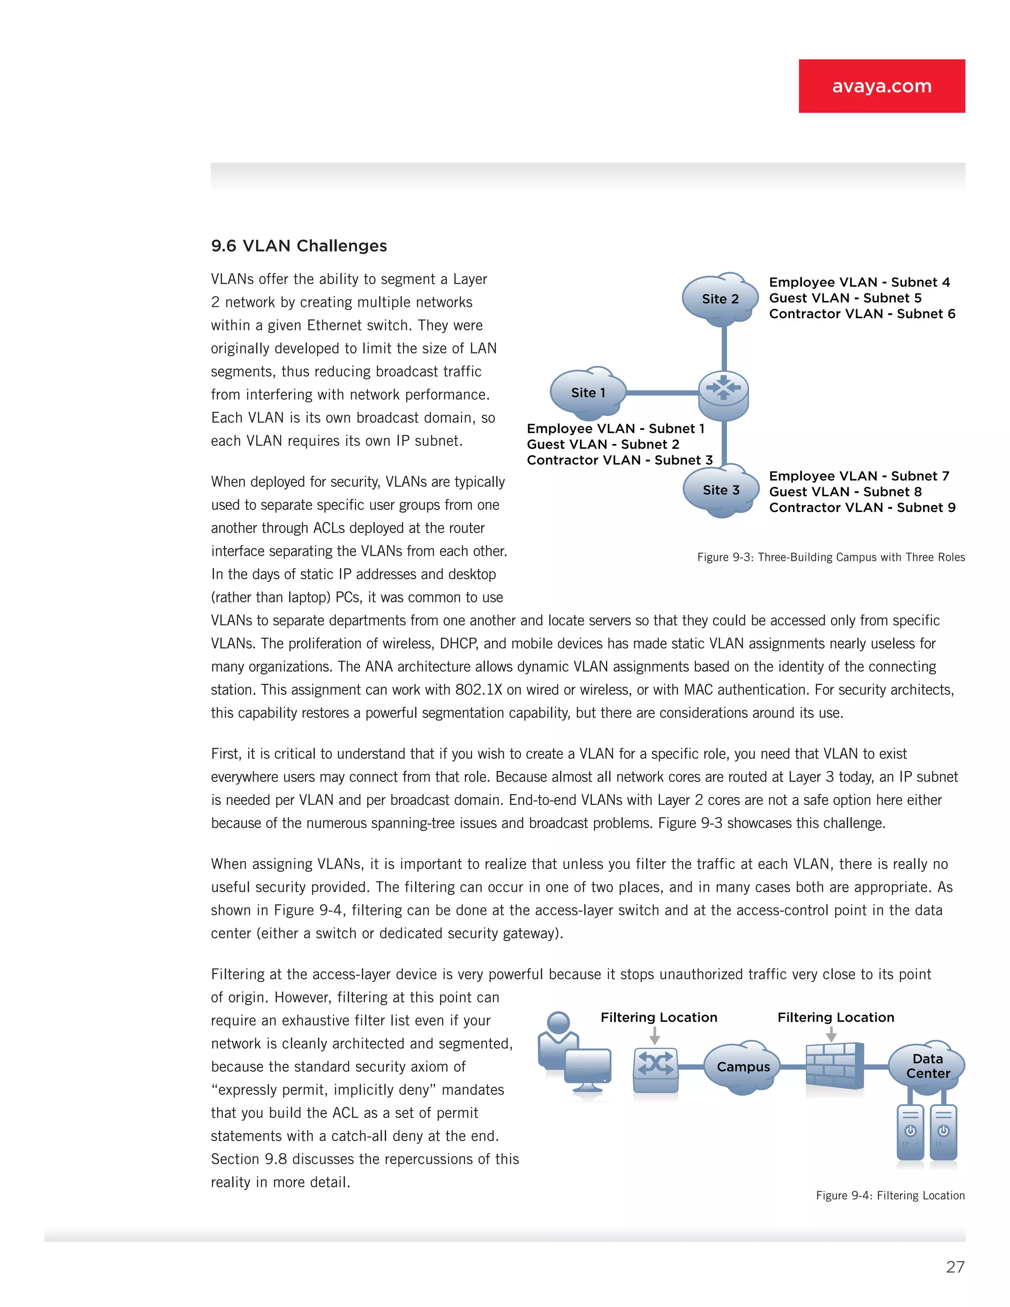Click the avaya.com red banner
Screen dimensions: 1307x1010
[x=881, y=86]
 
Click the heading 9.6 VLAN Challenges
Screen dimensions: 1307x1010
[x=298, y=246]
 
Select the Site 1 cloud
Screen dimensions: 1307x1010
[x=587, y=393]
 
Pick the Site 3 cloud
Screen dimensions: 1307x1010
[x=721, y=490]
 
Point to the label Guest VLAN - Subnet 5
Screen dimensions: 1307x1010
[x=845, y=298]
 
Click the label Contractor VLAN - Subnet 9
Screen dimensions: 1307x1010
[x=862, y=508]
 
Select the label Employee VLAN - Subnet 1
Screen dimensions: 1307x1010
[x=615, y=429]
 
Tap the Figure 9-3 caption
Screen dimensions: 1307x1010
[x=830, y=557]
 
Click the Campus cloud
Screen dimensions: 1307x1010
[x=743, y=1067]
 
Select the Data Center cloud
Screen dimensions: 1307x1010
[x=927, y=1066]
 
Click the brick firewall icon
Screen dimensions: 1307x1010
[x=834, y=1066]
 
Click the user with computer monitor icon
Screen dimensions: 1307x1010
[x=573, y=1053]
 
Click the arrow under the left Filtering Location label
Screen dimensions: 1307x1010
[x=654, y=1035]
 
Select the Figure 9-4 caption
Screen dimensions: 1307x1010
[x=890, y=1196]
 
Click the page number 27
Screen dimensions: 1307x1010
[x=955, y=1267]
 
